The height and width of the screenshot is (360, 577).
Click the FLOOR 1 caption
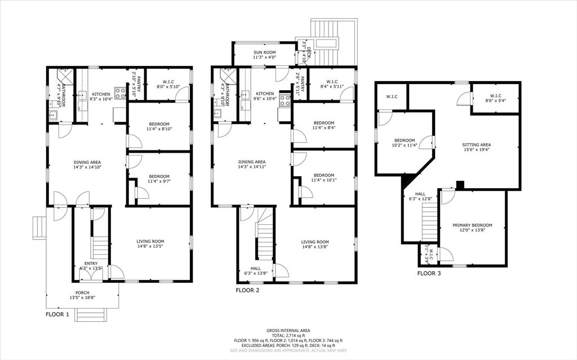tap(57, 314)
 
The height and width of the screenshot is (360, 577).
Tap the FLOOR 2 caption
tap(247, 291)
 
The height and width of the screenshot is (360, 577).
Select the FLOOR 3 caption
tap(429, 274)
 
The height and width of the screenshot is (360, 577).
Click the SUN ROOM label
tap(264, 51)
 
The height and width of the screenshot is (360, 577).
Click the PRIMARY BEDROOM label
tap(472, 225)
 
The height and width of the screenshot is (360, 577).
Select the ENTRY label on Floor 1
tap(91, 263)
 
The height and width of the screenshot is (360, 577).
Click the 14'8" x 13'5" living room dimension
tap(150, 247)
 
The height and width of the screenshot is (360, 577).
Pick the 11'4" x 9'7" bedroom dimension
tap(158, 181)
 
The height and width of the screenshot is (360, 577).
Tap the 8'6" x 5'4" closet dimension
tap(496, 101)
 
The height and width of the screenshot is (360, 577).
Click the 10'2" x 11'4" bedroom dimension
tap(405, 145)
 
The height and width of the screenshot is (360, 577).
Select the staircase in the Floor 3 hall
tap(430, 222)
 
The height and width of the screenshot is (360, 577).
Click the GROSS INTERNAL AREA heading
tap(288, 331)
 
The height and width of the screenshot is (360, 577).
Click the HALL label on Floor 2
tap(255, 268)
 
